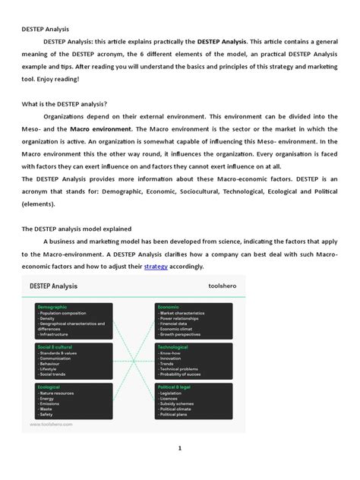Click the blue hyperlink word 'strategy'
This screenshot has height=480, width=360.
pos(156,267)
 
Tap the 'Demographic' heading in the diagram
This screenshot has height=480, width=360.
pos(52,306)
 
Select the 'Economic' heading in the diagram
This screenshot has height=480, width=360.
pos(169,306)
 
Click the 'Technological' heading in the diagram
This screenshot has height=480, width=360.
pos(173,346)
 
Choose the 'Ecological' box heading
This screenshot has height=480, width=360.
pos(49,387)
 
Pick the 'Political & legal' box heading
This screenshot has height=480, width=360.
pos(175,387)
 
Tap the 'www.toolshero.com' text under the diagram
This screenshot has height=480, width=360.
pos(52,425)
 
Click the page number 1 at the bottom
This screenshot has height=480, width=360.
pos(180,449)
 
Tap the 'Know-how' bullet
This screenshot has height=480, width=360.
pos(171,353)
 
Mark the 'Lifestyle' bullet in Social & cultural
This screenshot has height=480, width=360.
pos(50,369)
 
